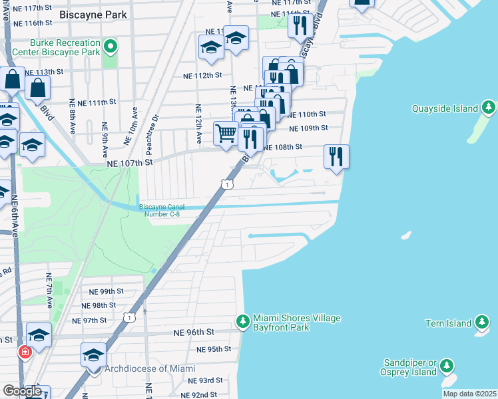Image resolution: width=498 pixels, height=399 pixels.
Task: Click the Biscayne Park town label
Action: click(x=92, y=13)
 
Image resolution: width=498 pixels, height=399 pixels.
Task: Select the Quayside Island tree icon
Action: click(x=489, y=108)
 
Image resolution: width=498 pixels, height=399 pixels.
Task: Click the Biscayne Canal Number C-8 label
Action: click(x=159, y=210)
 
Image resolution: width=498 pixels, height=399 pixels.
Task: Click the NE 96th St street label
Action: click(x=194, y=332)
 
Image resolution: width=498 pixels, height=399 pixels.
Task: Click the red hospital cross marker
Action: click(x=25, y=351)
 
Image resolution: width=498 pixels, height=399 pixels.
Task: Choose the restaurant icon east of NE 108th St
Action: click(x=336, y=156)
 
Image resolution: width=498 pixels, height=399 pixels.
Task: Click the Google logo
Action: click(x=22, y=391)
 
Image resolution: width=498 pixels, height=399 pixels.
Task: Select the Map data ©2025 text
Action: click(x=469, y=394)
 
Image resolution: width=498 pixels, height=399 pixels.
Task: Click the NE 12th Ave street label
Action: click(x=198, y=124)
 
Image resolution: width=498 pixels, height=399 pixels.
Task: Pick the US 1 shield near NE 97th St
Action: click(x=129, y=318)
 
